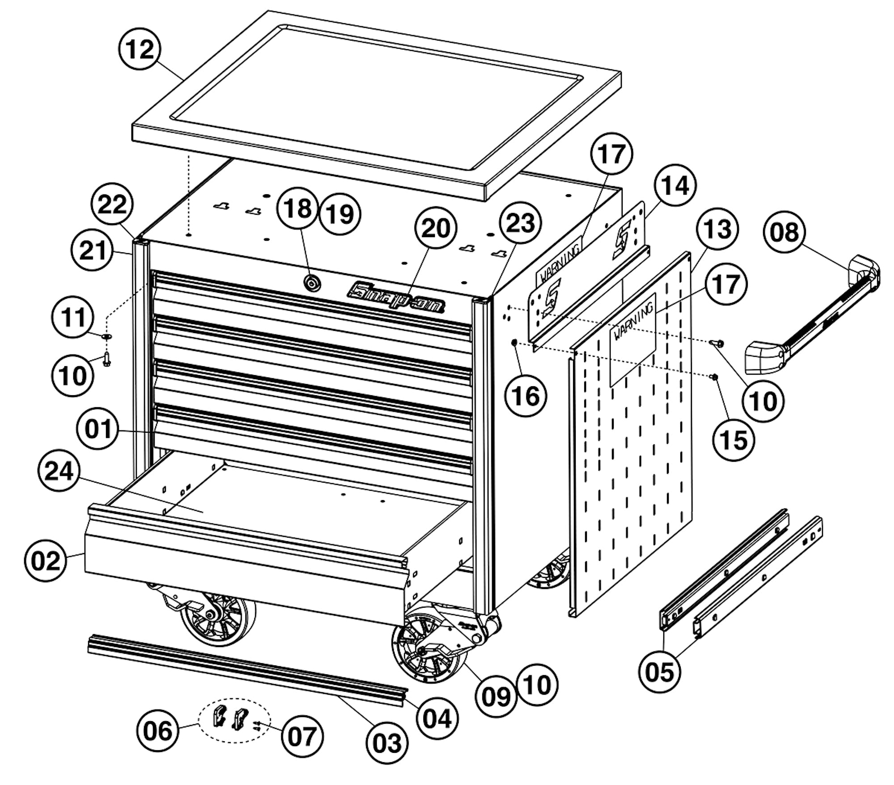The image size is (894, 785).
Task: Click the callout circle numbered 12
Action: point(140,49)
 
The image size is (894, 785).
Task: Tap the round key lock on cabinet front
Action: point(312,283)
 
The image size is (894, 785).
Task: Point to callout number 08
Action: point(784,232)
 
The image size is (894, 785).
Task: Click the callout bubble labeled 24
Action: point(59,471)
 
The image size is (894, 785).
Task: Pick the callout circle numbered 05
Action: point(659,672)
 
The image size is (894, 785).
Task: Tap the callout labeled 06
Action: point(158,731)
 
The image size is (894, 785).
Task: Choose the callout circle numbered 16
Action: point(526,396)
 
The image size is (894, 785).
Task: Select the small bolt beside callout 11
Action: point(106,359)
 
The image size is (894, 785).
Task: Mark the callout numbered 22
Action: point(112,205)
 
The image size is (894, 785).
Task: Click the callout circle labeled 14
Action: point(675,185)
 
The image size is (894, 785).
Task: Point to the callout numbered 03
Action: point(387,743)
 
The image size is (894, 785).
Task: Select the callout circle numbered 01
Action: point(98,429)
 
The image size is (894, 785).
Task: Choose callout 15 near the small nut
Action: point(734,440)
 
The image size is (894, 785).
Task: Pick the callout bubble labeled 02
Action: point(46,560)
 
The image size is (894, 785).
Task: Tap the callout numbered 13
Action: point(717,229)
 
